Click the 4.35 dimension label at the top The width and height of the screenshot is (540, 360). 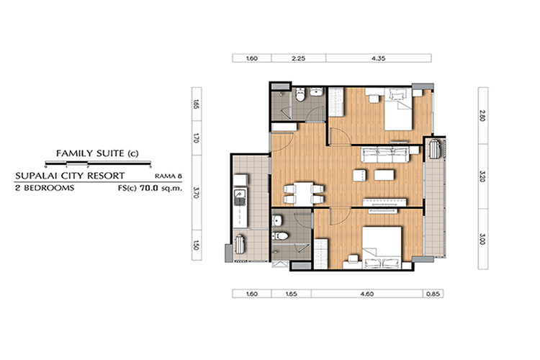point(378,58)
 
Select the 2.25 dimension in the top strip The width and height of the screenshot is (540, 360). point(298,58)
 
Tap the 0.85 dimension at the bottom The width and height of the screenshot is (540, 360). point(433,294)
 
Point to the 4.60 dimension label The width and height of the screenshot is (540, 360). point(366,294)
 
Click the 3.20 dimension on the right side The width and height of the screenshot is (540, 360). point(482,176)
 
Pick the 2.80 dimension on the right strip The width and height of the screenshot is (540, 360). point(482,115)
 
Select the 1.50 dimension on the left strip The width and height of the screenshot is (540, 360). point(197,245)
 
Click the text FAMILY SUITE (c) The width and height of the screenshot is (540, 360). point(97,153)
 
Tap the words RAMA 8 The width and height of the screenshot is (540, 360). point(168,176)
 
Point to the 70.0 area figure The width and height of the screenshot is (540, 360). point(149,188)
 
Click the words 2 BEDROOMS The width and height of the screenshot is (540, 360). point(45,188)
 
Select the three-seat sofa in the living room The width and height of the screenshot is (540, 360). point(385,154)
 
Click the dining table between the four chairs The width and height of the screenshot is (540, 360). point(303,194)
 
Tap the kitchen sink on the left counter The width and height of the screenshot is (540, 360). point(240,197)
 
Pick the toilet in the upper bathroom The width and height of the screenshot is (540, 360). point(300,94)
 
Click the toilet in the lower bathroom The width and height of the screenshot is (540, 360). point(280,236)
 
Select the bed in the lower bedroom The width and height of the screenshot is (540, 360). point(382,248)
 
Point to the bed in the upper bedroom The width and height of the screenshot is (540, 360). point(398,109)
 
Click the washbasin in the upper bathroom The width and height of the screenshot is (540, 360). point(316,91)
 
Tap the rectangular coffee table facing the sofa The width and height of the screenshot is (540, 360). point(384,175)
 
